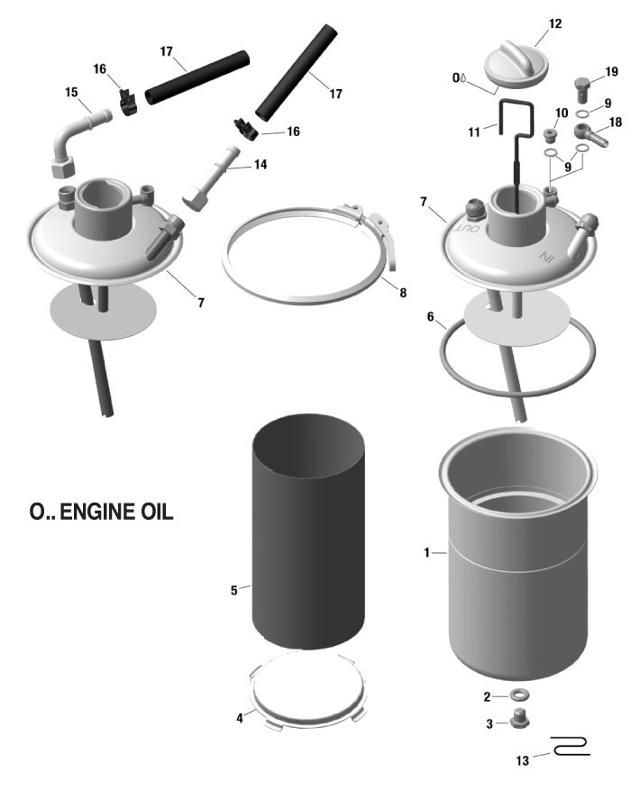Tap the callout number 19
[x=611, y=71]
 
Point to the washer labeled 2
[x=520, y=696]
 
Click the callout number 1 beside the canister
[x=428, y=551]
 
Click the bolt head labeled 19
[x=582, y=88]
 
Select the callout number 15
[x=71, y=91]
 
